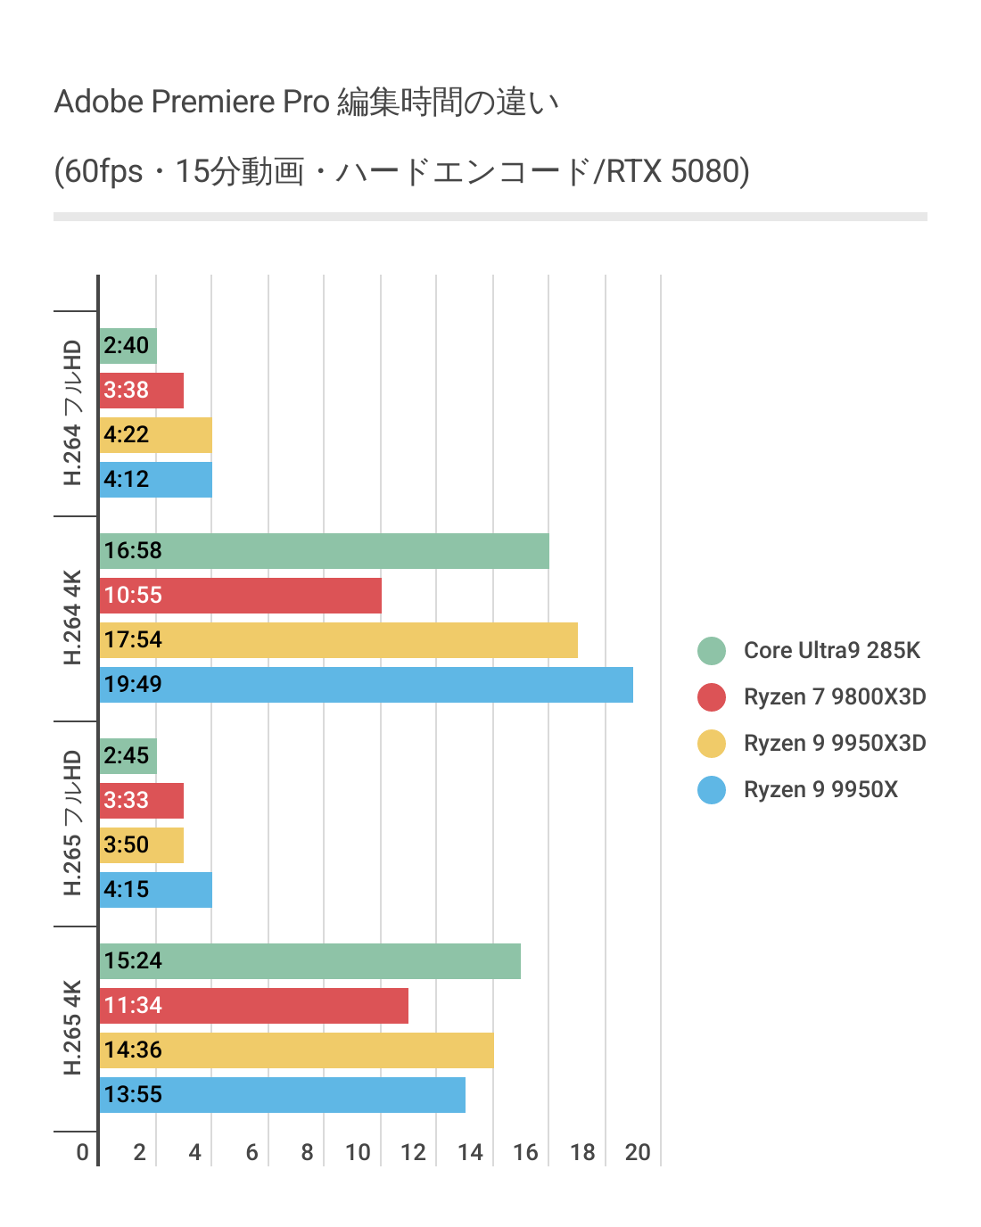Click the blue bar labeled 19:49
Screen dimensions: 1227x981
366,685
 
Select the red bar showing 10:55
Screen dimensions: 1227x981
241,596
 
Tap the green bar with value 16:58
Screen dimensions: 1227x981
324,551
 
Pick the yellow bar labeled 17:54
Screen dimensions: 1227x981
339,640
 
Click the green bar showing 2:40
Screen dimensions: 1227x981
128,346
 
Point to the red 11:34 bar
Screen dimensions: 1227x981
254,1006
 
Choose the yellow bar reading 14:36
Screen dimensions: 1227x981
296,1050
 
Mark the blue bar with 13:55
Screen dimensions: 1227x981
283,1095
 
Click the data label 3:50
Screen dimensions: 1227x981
127,844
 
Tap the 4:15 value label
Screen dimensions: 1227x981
127,889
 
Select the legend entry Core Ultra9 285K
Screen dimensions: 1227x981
831,650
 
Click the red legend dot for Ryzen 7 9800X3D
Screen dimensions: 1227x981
712,696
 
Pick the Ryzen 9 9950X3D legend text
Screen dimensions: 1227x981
835,743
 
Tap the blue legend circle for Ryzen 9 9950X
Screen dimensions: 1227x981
712,789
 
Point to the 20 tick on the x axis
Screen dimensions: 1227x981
638,1152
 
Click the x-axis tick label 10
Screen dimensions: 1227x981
358,1152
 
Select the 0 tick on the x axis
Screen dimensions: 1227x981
82,1152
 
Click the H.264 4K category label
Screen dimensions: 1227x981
73,617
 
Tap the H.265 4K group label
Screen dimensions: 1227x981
73,1027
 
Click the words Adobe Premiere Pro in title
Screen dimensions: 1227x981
192,102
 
